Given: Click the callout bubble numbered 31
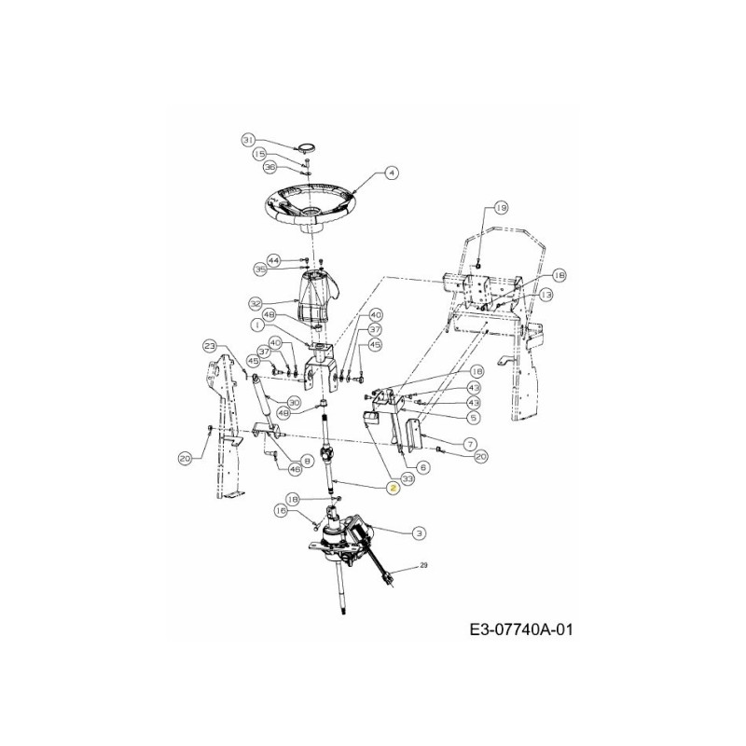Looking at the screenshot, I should pos(248,140).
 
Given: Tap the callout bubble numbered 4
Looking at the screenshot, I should pos(391,173).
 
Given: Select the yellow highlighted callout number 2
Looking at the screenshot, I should pos(394,488).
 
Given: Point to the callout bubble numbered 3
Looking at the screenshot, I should pos(419,532).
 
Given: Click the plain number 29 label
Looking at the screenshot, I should pos(423,566).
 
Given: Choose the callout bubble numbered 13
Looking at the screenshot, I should pos(546,294).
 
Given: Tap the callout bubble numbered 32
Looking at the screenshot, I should pos(255,303).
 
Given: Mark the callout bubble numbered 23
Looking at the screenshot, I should pos(211,346).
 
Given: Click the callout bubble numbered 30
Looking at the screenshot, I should pos(293,403).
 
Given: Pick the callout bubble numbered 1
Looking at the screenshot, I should pos(254,324).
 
